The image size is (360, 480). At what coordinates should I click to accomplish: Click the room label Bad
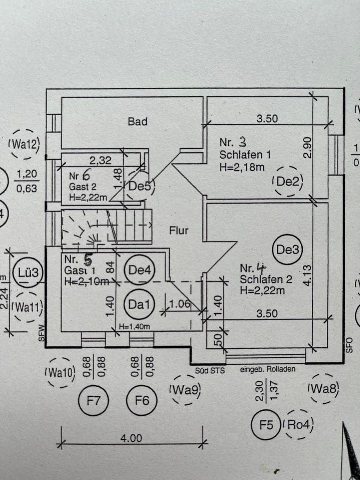click(x=138, y=121)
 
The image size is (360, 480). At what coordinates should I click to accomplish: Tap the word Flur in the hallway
click(x=178, y=231)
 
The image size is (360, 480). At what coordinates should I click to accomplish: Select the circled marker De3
click(x=287, y=249)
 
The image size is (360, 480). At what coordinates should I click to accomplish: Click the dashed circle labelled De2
click(x=288, y=182)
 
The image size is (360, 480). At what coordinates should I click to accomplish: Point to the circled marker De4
click(x=139, y=269)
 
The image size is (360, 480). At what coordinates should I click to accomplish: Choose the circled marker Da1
click(x=139, y=303)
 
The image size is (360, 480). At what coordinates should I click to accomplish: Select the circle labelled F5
click(x=266, y=425)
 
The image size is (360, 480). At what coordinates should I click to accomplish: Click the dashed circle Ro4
click(x=298, y=425)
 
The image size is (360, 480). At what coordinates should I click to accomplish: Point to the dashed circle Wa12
click(x=23, y=145)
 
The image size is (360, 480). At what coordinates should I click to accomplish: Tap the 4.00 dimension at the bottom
click(x=131, y=438)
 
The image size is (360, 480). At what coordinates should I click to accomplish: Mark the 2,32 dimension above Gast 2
click(x=101, y=160)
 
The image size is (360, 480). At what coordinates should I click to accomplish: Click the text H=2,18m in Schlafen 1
click(x=242, y=167)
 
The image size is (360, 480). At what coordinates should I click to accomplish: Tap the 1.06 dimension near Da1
click(x=180, y=304)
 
